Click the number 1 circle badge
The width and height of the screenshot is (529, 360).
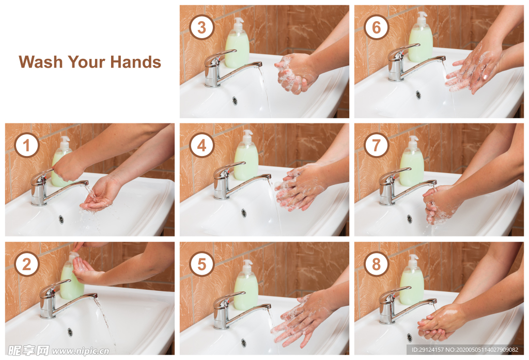(27, 146)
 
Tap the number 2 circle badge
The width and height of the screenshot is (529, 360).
(27, 264)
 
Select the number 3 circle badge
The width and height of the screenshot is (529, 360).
(202, 27)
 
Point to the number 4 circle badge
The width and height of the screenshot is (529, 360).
(202, 146)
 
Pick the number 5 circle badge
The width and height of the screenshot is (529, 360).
(202, 264)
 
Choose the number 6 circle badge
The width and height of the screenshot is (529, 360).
(377, 27)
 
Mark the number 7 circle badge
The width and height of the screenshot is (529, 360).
(377, 146)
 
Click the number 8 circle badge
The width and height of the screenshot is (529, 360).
(377, 264)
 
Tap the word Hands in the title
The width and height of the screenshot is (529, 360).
(136, 62)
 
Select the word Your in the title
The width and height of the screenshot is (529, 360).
(87, 62)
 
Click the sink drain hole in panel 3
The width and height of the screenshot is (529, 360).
(235, 101)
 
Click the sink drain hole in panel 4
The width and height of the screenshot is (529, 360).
(244, 213)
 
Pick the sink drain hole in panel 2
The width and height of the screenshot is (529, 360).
(70, 332)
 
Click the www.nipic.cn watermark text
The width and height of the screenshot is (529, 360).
(81, 351)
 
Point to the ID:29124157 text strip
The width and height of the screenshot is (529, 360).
(465, 350)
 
